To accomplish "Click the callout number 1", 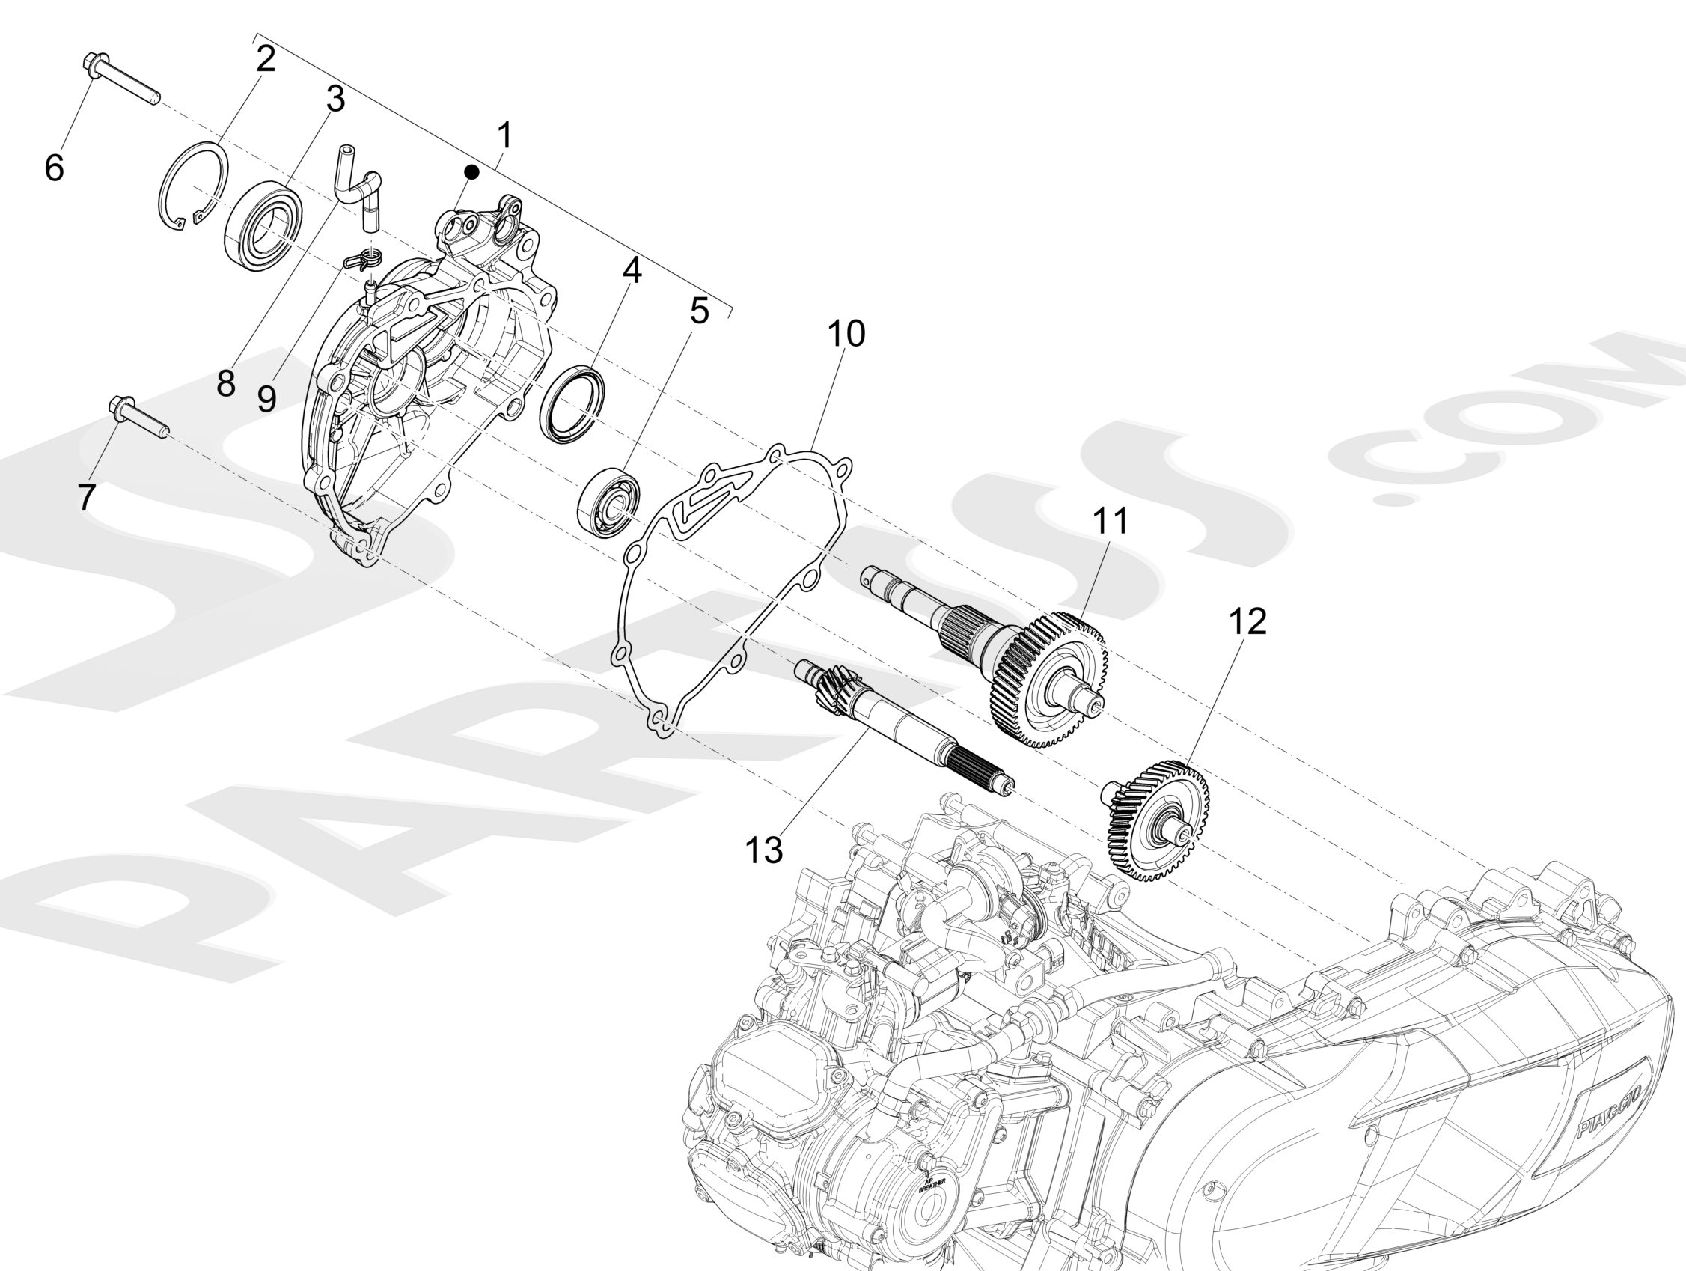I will coord(504,136).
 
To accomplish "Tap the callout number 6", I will coord(54,167).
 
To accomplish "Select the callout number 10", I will coord(846,334).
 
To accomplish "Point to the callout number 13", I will coord(764,850).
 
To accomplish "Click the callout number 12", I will coord(1247,621).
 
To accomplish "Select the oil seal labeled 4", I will coord(572,404).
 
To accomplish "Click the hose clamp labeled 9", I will coord(364,261).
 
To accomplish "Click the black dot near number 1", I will coord(471,173).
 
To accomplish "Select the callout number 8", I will coord(225,383).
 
